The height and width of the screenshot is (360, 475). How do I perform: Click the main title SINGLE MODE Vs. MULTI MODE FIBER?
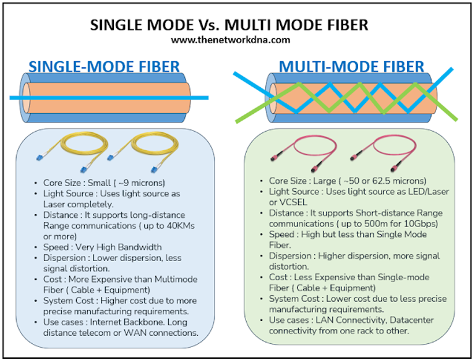(237, 24)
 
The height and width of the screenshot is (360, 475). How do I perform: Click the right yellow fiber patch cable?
(138, 152)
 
